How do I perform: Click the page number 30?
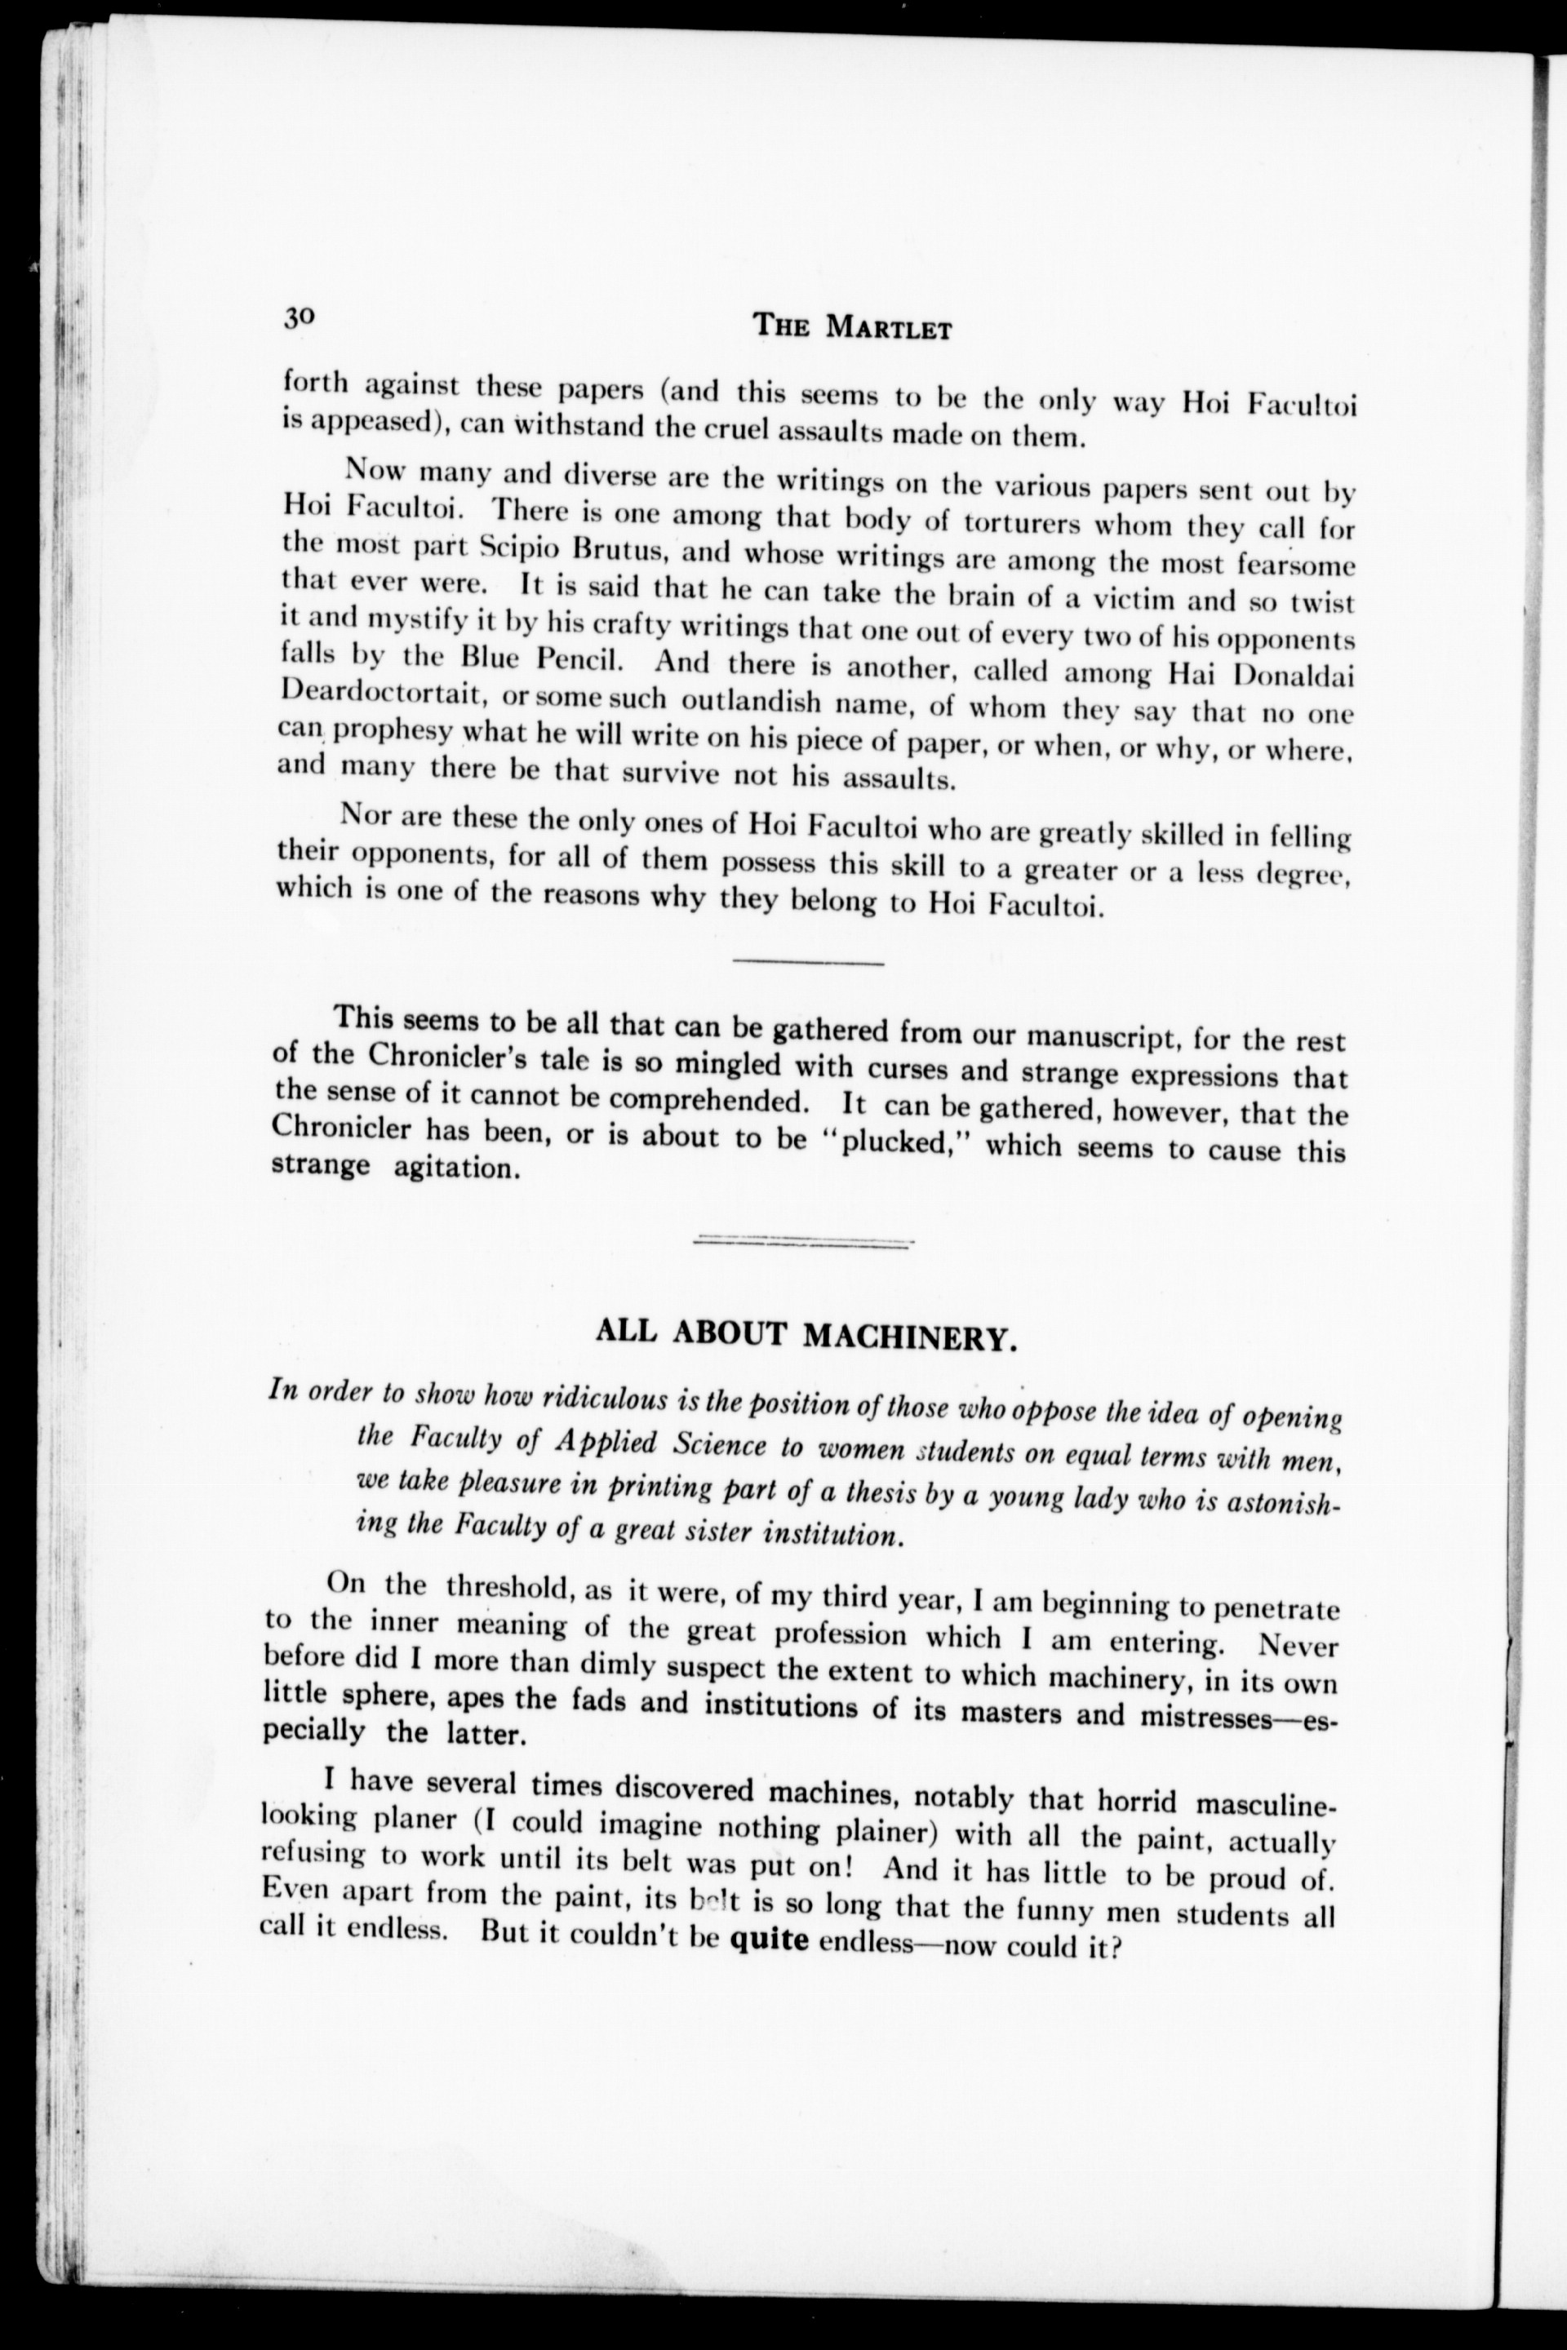coord(299,317)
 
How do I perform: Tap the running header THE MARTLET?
coord(852,326)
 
